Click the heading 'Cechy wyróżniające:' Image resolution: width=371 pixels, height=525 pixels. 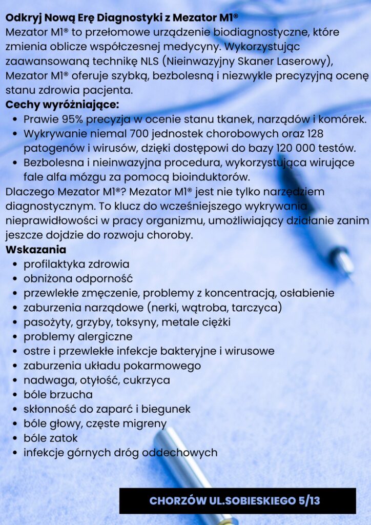pyautogui.click(x=62, y=105)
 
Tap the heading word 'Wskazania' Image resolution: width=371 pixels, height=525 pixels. pyautogui.click(x=36, y=250)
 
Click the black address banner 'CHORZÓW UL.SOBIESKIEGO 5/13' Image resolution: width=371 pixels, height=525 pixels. pyautogui.click(x=237, y=500)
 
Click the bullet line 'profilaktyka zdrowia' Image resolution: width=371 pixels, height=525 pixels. pyautogui.click(x=76, y=264)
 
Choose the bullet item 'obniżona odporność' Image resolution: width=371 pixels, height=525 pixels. pyautogui.click(x=78, y=279)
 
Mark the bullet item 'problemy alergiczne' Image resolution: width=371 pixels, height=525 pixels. pyautogui.click(x=78, y=337)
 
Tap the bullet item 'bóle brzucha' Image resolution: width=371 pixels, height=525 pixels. pyautogui.click(x=58, y=395)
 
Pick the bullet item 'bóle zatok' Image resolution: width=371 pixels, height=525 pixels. pyautogui.click(x=51, y=438)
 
